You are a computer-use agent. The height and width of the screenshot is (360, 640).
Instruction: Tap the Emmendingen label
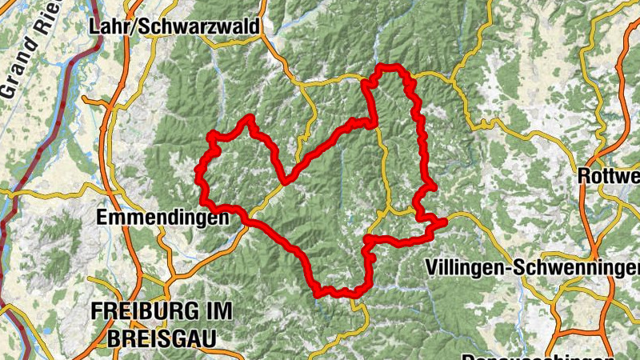point(152,217)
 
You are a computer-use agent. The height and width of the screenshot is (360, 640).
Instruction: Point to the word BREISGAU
point(153,337)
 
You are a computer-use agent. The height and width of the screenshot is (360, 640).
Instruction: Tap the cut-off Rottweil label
point(609,175)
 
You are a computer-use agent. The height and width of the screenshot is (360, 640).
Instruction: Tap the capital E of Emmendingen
point(101,217)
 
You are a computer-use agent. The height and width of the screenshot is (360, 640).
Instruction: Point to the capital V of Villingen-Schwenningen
point(433,266)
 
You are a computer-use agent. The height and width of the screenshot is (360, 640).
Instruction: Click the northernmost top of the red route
point(390,67)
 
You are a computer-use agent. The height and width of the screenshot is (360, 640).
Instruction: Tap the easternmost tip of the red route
point(443,223)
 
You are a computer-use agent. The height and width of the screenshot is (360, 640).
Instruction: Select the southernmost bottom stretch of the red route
point(340,293)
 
